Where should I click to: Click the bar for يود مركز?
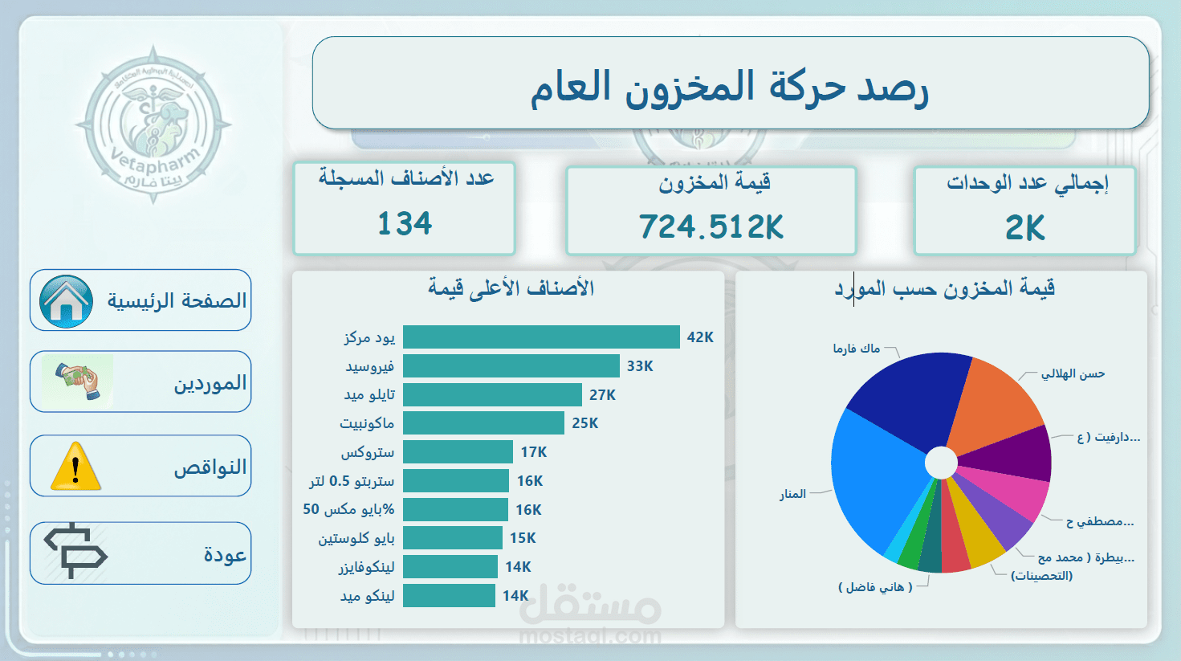[x=541, y=337]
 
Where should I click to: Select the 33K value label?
[x=640, y=366]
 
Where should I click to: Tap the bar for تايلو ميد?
[x=492, y=394]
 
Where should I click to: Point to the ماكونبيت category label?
[x=367, y=423]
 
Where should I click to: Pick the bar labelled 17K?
[x=458, y=452]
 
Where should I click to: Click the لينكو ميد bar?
[x=449, y=595]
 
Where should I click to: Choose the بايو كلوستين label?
[x=356, y=538]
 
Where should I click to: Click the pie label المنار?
[x=792, y=494]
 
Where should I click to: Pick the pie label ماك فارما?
[x=856, y=349]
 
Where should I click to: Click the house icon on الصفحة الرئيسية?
[x=66, y=301]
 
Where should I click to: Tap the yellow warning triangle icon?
[x=75, y=467]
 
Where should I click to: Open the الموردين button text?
[x=210, y=383]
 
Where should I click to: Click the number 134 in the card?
[x=405, y=223]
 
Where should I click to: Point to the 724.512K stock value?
[x=711, y=226]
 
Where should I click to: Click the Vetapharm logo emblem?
[x=153, y=124]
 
